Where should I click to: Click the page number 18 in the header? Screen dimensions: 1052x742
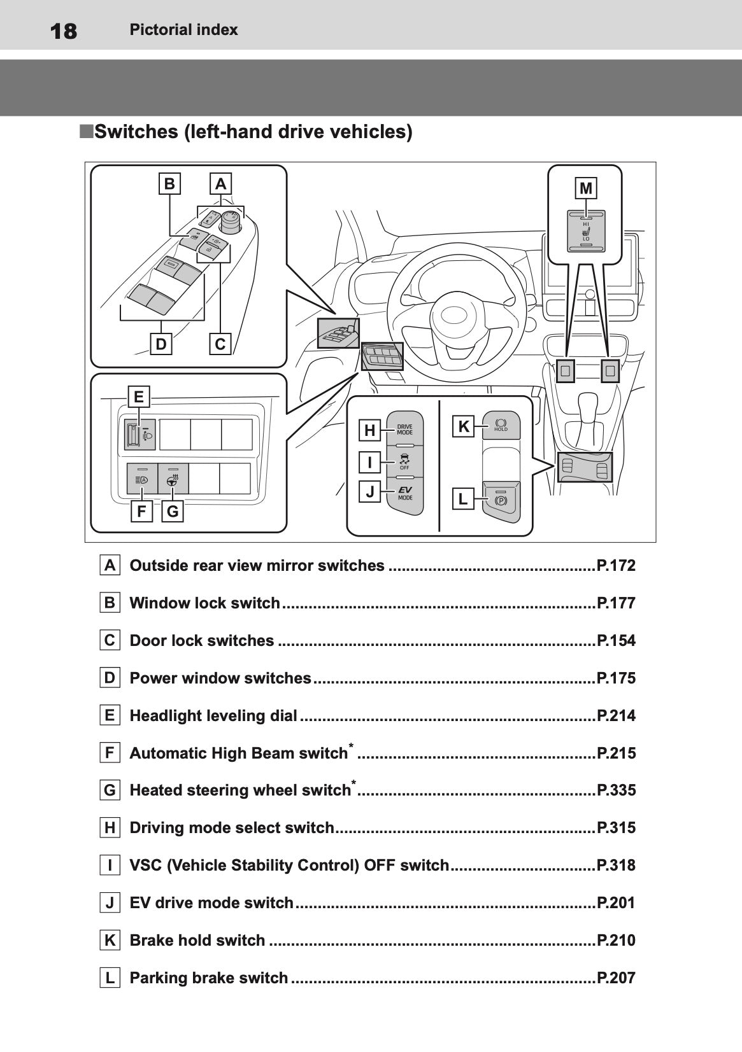coord(62,31)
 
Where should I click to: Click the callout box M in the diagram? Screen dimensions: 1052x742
coord(586,188)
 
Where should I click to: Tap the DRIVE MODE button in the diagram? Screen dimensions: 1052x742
coord(405,429)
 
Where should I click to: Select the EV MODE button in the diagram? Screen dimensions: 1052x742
coord(405,493)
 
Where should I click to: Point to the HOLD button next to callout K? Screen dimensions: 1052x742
coord(501,425)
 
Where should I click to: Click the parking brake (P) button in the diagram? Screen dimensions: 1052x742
coord(501,500)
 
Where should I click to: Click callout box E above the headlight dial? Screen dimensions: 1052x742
coord(138,397)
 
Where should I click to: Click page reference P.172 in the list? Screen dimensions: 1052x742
coord(616,566)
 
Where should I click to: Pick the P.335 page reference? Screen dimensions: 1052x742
coord(616,790)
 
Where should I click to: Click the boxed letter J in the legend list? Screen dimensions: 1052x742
coord(110,902)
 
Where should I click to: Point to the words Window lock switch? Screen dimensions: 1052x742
coord(204,603)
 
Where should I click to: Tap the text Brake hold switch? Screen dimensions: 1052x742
coord(197,940)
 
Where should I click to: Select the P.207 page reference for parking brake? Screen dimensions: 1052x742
coord(616,978)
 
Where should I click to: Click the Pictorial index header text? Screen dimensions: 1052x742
coord(183,30)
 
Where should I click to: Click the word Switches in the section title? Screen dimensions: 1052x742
coord(136,132)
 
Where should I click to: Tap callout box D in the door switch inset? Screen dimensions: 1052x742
coord(161,344)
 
